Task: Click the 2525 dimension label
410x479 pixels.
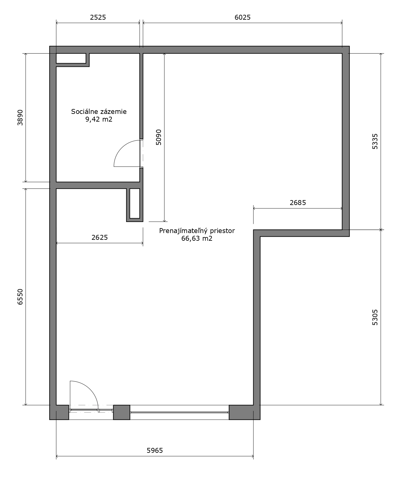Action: click(x=98, y=17)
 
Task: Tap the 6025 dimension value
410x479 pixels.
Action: click(x=243, y=17)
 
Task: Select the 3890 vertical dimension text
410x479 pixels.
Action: click(x=20, y=118)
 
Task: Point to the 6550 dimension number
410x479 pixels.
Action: click(x=20, y=297)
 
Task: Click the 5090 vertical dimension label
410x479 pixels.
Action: click(x=159, y=137)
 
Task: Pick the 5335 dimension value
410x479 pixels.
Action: click(x=375, y=141)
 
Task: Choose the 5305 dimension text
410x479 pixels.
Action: click(x=375, y=317)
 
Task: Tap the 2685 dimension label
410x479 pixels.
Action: click(x=298, y=203)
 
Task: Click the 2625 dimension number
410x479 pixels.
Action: click(x=100, y=238)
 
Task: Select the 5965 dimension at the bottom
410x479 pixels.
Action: click(x=155, y=450)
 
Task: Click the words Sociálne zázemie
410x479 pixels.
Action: click(x=99, y=111)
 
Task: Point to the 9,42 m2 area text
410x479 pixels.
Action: click(x=99, y=119)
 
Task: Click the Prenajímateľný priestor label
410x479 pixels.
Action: click(x=197, y=231)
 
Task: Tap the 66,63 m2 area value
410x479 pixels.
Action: click(x=197, y=239)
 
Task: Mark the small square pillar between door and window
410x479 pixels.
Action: click(x=122, y=412)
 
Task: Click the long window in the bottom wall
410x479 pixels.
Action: click(x=179, y=412)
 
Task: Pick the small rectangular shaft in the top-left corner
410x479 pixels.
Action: click(x=71, y=58)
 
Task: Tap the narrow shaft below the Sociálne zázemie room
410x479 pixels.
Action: click(x=135, y=203)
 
